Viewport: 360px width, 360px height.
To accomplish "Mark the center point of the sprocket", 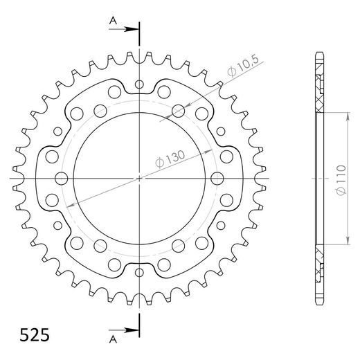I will pyautogui.click(x=141, y=179).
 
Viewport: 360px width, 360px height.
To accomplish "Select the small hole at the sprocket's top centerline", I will pyautogui.click(x=141, y=84).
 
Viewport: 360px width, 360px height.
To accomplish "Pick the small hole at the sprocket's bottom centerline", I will pyautogui.click(x=141, y=272).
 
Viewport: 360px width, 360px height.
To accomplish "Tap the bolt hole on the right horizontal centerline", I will pyautogui.click(x=219, y=179).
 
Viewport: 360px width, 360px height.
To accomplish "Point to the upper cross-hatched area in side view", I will pyautogui.click(x=320, y=93).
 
